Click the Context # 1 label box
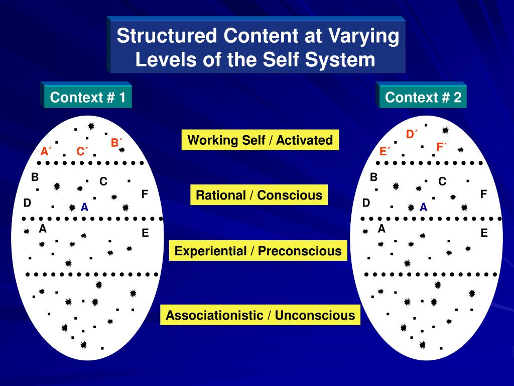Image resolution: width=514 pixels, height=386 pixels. pos(88,97)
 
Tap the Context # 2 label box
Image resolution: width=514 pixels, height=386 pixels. pos(423,97)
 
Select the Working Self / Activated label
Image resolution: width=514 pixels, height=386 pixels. pos(260,140)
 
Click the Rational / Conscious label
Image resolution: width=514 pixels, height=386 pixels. pos(259,195)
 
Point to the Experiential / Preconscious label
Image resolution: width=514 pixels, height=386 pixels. pos(259,251)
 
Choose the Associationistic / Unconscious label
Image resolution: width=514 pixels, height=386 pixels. pos(260,315)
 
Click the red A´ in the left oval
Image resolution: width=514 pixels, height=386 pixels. pos(46,151)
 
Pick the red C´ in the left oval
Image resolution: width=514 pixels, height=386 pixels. pos(82,151)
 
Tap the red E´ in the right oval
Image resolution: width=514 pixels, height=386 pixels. pos(384,151)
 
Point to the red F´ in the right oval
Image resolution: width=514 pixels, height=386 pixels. pos(441,147)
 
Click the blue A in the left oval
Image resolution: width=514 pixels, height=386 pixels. pos(84,207)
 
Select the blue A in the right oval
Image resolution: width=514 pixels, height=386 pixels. pos(423,207)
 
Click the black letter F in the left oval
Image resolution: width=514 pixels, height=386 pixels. pos(145,194)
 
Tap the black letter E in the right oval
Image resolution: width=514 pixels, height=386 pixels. pos(484,233)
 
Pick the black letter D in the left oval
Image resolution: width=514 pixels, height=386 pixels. pos(27,203)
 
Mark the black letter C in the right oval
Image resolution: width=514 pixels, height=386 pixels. pos(442,181)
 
